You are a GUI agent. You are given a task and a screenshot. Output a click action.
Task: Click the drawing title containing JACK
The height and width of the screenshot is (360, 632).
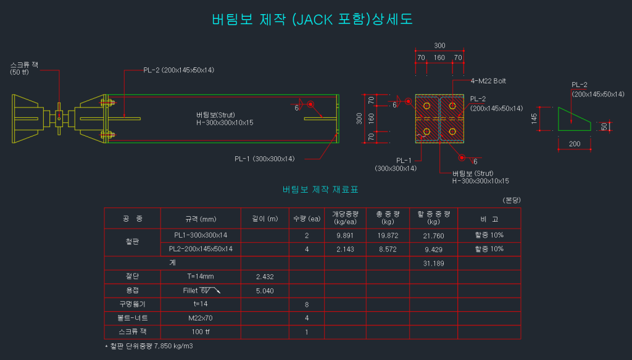(312, 19)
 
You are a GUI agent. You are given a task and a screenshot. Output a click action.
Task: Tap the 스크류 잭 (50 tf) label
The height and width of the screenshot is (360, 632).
(24, 69)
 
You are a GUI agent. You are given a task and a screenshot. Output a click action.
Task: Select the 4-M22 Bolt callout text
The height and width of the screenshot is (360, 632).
(488, 81)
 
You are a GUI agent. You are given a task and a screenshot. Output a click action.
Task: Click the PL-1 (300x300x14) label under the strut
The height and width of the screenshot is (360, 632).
(264, 159)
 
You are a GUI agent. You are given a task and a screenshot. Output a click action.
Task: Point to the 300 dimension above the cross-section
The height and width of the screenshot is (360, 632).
(439, 46)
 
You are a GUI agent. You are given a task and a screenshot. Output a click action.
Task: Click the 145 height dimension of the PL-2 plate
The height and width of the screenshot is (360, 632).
(534, 118)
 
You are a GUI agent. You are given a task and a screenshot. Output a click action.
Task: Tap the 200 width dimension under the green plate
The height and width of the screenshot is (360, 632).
(575, 143)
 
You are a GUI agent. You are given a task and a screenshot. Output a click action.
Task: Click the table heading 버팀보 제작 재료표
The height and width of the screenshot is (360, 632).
(320, 189)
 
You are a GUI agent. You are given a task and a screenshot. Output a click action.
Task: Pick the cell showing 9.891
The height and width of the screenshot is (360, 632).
(344, 236)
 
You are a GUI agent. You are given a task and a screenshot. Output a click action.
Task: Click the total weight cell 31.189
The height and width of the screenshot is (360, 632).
(433, 264)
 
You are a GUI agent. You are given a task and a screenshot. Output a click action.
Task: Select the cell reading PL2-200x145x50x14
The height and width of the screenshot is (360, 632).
(201, 249)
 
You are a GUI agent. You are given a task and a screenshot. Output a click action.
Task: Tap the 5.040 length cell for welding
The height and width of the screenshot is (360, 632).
(264, 291)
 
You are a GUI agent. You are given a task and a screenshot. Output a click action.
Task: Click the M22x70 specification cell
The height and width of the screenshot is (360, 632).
(201, 318)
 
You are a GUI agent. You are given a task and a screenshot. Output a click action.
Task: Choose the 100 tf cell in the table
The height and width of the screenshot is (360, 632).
(201, 332)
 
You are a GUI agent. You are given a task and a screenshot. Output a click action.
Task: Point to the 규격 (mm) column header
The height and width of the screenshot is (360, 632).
(201, 219)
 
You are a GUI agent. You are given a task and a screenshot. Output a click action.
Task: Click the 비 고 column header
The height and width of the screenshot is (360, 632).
(489, 219)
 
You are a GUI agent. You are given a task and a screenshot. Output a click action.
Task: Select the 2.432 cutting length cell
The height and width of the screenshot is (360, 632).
(264, 277)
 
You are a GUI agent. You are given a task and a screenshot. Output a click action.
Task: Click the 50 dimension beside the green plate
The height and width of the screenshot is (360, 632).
(604, 126)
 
